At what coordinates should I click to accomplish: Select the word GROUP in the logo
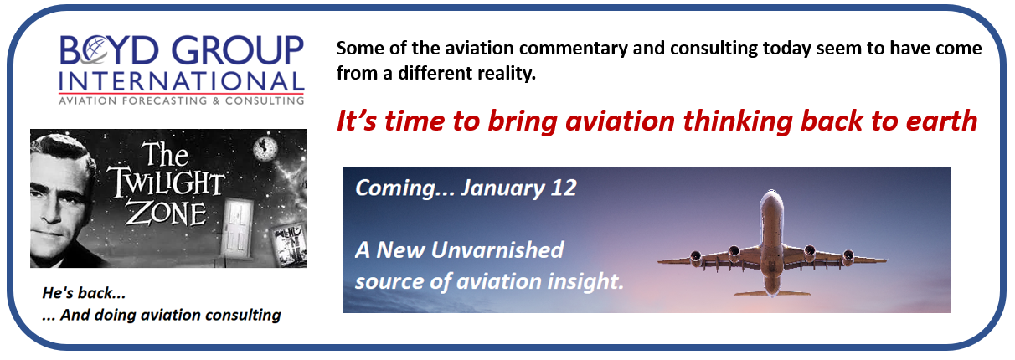point(238,49)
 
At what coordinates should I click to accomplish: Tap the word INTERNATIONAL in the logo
point(181,81)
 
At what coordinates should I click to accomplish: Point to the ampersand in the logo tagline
point(216,100)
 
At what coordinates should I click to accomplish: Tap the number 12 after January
point(564,188)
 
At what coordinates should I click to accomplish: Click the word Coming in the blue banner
point(395,188)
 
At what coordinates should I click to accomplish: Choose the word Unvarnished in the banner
point(497,249)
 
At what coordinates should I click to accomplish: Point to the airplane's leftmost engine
point(696,259)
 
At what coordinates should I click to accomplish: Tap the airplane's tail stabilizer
point(772,292)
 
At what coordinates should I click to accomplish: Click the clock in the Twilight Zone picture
point(265,148)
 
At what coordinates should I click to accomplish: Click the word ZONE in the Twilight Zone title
point(166,213)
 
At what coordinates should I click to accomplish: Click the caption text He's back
point(84,293)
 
